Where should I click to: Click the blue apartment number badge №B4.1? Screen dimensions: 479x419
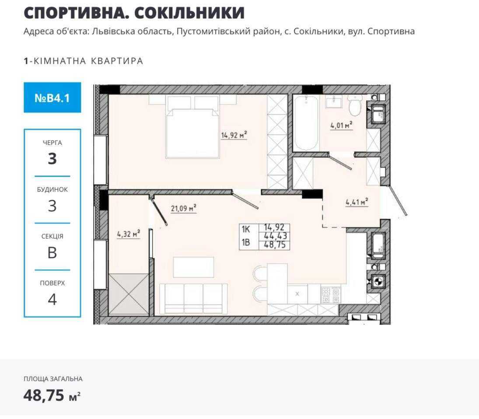click(x=52, y=98)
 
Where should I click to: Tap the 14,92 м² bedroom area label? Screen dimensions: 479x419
click(x=234, y=135)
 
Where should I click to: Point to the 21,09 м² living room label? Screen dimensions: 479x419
click(x=183, y=208)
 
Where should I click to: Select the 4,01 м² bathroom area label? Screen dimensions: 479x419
click(x=342, y=125)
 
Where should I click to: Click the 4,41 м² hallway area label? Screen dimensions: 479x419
click(x=357, y=202)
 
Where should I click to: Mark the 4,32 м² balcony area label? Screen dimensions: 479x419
click(x=129, y=234)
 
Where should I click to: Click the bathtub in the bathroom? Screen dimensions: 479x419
click(x=306, y=123)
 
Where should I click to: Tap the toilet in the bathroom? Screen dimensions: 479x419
click(x=355, y=105)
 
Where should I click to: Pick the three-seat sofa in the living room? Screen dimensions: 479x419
click(x=193, y=299)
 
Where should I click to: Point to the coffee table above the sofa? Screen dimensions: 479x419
click(x=193, y=267)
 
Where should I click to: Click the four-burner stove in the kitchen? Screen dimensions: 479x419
click(x=331, y=295)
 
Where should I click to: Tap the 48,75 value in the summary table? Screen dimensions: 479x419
click(x=275, y=245)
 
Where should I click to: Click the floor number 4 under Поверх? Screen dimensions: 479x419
click(x=52, y=299)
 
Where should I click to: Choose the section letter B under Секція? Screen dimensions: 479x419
click(x=52, y=252)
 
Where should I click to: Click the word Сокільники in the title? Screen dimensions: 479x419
click(x=189, y=13)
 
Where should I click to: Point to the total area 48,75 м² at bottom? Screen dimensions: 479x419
click(x=52, y=395)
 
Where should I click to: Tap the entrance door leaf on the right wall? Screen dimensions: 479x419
click(x=399, y=200)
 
